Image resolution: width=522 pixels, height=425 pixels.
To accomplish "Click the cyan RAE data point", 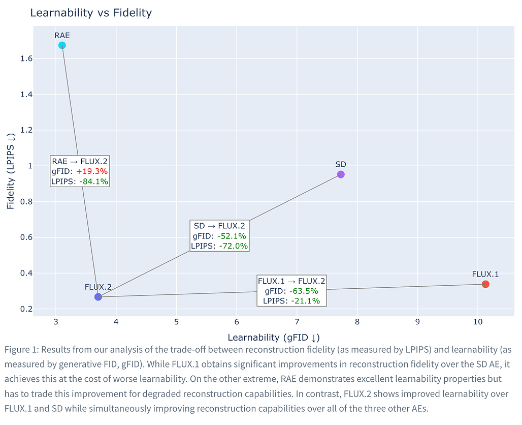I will click(62, 45).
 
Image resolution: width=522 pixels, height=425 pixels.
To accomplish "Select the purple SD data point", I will click(341, 174).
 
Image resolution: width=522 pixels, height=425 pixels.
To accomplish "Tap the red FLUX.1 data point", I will click(485, 284).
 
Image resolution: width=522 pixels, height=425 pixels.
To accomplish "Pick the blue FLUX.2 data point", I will click(98, 297).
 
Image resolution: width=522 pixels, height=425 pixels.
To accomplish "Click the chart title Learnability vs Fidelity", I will click(91, 13).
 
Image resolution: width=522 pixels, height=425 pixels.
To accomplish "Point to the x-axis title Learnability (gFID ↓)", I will click(274, 337).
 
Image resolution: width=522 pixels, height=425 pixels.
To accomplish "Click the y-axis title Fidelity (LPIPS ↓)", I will click(11, 171).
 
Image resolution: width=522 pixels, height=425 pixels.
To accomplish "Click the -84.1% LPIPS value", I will click(94, 181).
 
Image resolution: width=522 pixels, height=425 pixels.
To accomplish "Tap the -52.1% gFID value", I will click(232, 236).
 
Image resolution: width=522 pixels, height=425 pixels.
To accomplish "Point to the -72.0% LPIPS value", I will click(234, 246).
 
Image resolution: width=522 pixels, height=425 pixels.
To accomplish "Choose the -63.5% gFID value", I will click(304, 291).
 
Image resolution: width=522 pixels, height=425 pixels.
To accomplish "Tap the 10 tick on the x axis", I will click(477, 322).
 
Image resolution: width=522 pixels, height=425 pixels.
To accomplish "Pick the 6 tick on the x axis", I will click(237, 322).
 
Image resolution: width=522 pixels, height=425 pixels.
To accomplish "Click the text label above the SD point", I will click(341, 164).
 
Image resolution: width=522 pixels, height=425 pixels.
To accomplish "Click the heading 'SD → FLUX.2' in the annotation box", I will click(219, 226).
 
